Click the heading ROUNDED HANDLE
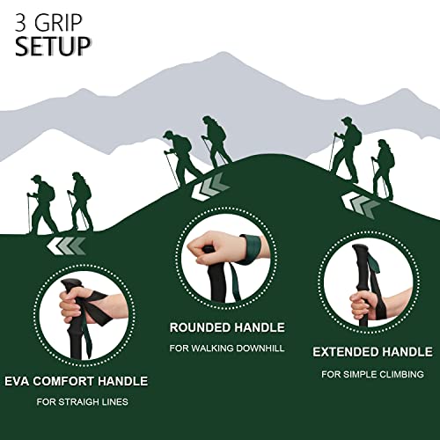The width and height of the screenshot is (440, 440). click(227, 327)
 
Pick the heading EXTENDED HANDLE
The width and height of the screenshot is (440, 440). click(372, 352)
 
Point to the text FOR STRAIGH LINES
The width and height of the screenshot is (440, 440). click(84, 403)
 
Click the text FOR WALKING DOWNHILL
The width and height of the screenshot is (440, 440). click(227, 348)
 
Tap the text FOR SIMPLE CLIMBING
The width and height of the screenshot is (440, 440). click(372, 374)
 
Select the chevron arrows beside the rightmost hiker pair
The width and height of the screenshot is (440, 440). click(360, 204)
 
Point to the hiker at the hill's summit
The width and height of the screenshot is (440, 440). click(214, 141)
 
